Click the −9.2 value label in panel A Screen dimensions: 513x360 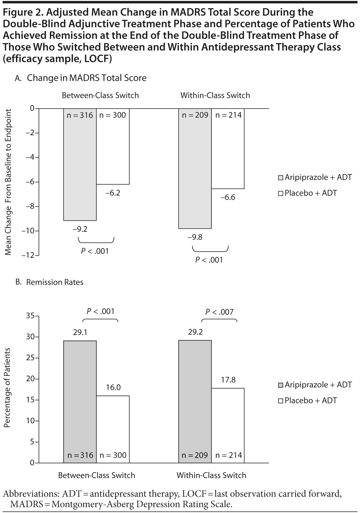(x=80, y=229)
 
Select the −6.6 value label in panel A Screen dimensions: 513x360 (x=228, y=197)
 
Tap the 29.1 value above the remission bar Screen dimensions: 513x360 (x=80, y=332)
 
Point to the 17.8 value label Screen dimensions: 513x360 (x=228, y=380)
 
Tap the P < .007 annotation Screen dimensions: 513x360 (x=219, y=312)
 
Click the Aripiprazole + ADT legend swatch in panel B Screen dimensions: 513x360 (x=280, y=385)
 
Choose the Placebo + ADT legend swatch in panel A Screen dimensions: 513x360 (x=280, y=194)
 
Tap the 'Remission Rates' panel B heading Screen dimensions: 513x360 (x=55, y=282)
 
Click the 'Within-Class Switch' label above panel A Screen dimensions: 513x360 (x=215, y=95)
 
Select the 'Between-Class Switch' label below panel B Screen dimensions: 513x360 (x=97, y=475)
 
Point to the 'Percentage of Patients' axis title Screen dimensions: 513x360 (x=7, y=388)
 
